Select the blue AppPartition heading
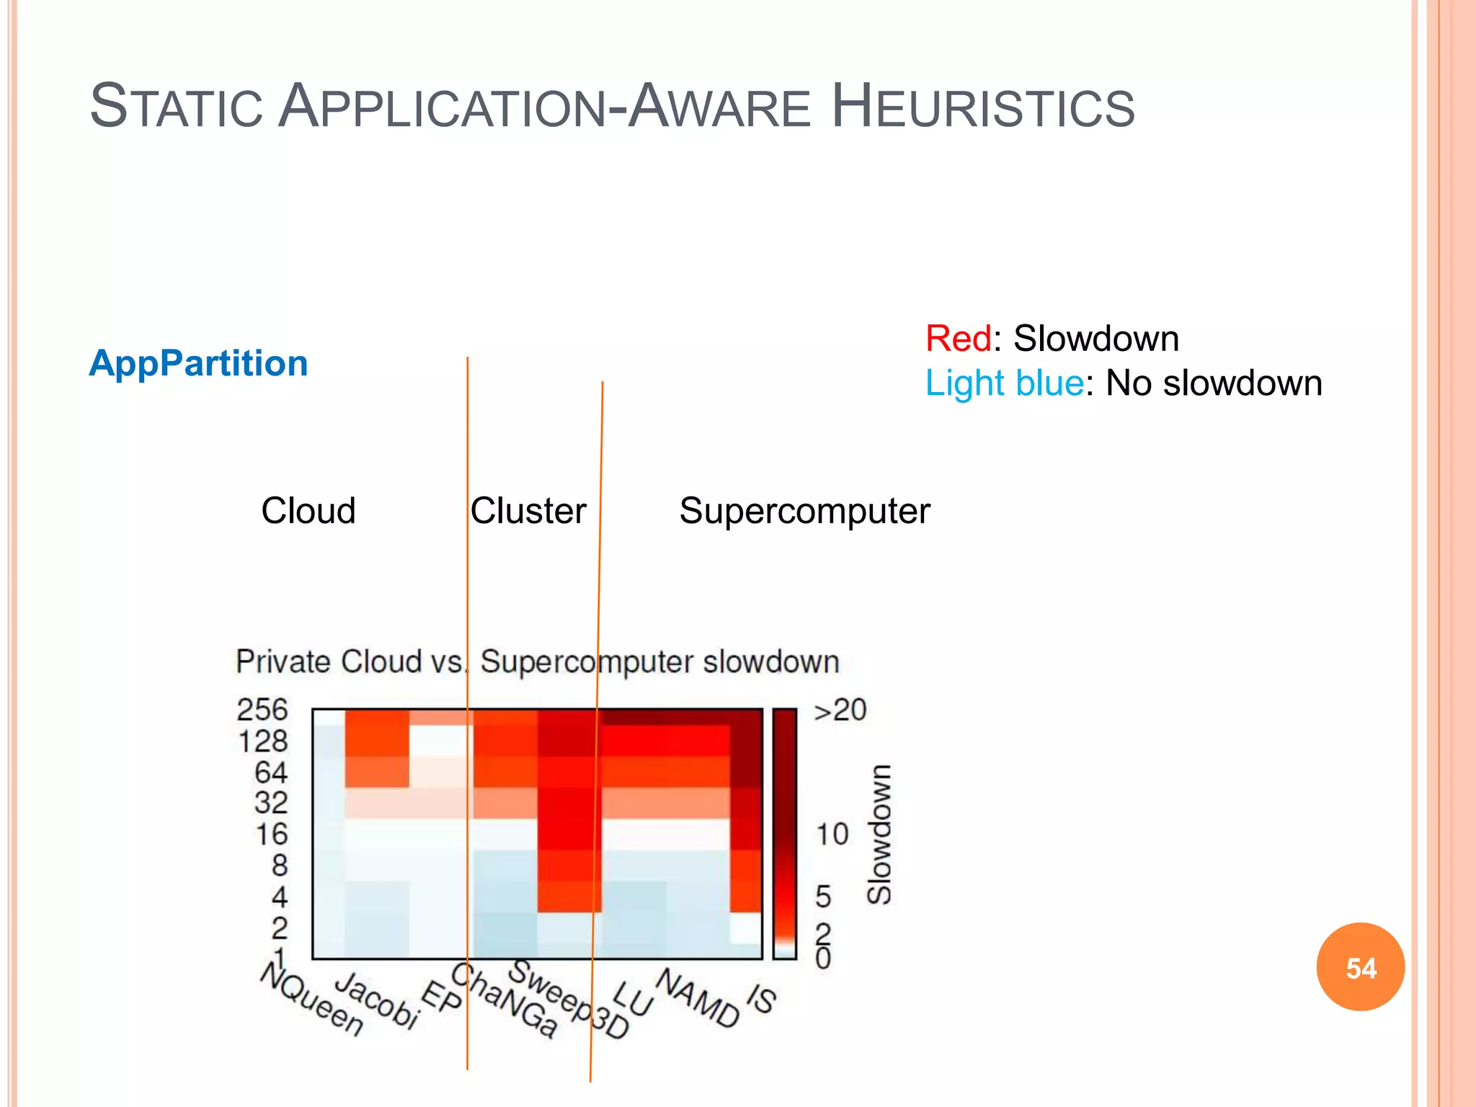point(198,363)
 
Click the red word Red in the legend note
point(958,339)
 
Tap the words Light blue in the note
point(1004,383)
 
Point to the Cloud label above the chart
point(308,511)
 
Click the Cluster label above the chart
point(528,511)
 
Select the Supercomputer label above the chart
point(804,511)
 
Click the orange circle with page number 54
point(1360,967)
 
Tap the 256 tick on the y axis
point(262,710)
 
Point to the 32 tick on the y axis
point(271,803)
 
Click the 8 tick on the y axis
point(280,865)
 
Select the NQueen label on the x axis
point(312,1000)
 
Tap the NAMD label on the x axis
point(698,997)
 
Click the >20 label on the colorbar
point(840,711)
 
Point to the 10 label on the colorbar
point(832,835)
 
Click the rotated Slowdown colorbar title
point(879,835)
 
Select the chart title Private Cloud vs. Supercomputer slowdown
point(538,662)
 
